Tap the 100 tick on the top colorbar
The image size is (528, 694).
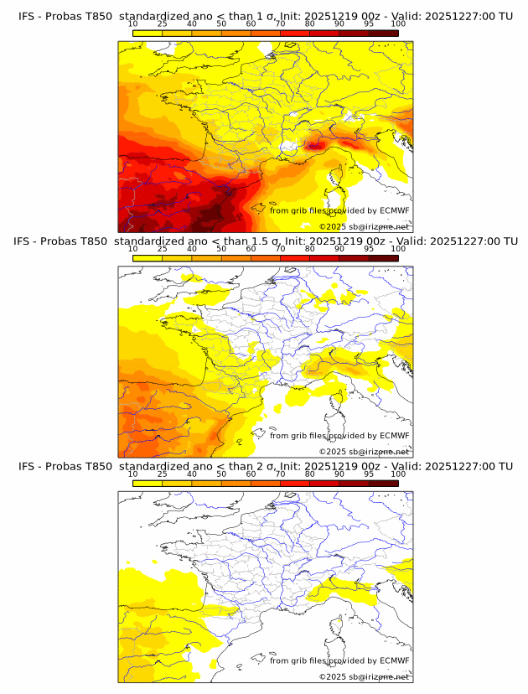tap(398, 23)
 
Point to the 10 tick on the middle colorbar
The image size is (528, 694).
tap(132, 249)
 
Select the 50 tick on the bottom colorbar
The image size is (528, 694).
tap(221, 474)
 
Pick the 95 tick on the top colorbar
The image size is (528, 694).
tap(369, 23)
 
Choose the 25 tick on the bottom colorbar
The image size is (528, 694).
tap(162, 474)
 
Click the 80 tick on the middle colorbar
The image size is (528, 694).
tap(310, 249)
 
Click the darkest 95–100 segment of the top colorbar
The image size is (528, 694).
tap(383, 33)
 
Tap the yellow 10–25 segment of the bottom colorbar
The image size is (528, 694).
tap(147, 483)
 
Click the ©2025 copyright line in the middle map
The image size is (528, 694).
tap(364, 452)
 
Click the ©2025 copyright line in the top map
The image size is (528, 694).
tap(364, 227)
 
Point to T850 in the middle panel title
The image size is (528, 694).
tap(97, 241)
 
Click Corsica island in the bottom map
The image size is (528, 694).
tap(338, 629)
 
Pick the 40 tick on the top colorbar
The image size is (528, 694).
tap(192, 23)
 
